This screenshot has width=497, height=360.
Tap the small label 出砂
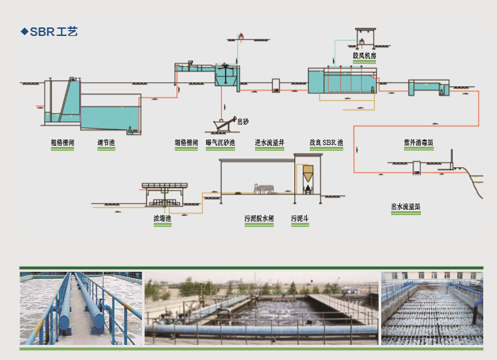pyautogui.click(x=243, y=122)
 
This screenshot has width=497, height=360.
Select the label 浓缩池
pyautogui.click(x=162, y=218)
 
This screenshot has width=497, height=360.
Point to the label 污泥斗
pyautogui.click(x=300, y=218)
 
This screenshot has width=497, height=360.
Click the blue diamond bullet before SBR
pyautogui.click(x=24, y=31)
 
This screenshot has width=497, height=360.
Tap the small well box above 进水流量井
pyautogui.click(x=277, y=86)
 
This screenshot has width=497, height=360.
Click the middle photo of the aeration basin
pyautogui.click(x=262, y=308)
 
